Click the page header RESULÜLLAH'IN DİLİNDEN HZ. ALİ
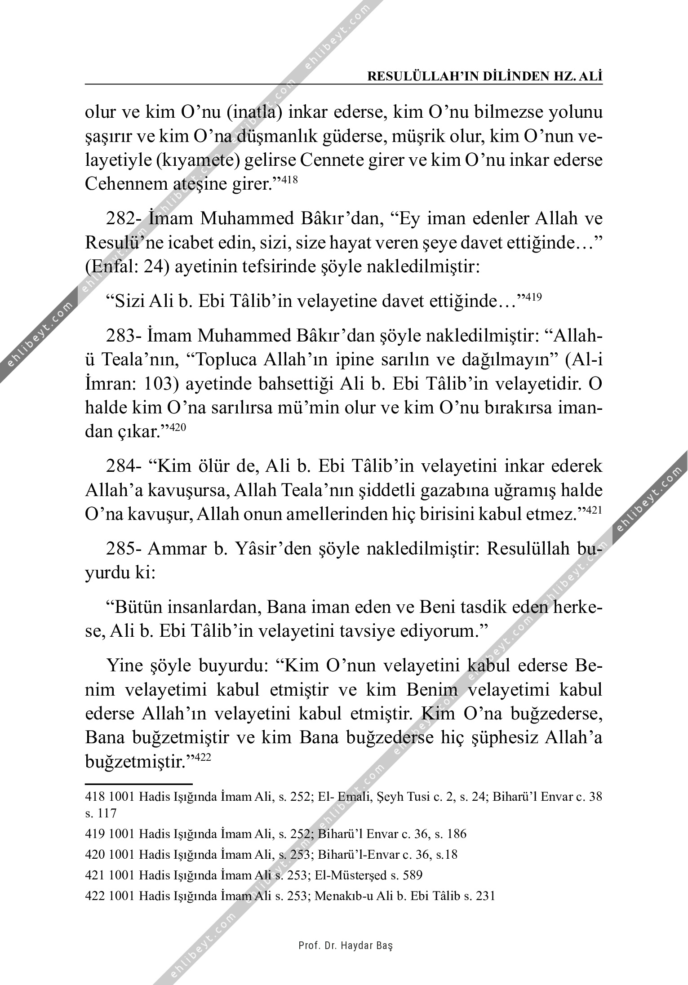(x=485, y=76)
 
